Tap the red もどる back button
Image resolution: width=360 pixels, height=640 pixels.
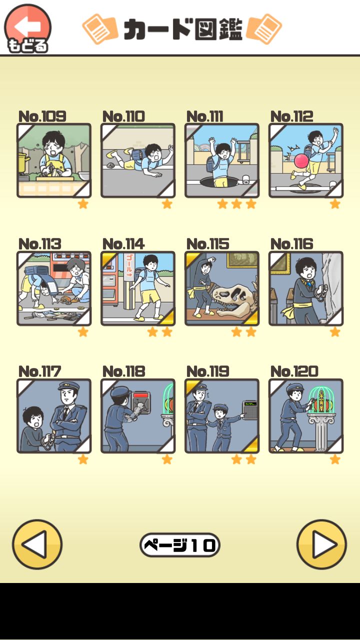27,28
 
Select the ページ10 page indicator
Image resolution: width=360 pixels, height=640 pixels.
179,545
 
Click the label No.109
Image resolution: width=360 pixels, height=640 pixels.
42,116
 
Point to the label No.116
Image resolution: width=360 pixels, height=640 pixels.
292,244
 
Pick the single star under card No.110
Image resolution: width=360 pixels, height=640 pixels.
167,204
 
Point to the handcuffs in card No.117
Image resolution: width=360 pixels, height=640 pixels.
48,439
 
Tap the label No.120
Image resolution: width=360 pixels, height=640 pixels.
294,371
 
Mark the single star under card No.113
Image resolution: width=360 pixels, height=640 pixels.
83,331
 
